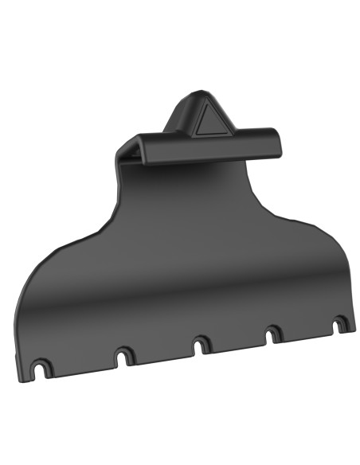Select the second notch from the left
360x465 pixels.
click(123, 356)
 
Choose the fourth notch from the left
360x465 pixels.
click(273, 333)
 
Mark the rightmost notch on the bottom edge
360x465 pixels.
click(340, 323)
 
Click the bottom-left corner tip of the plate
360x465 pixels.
click(19, 375)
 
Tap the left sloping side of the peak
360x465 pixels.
click(177, 115)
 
